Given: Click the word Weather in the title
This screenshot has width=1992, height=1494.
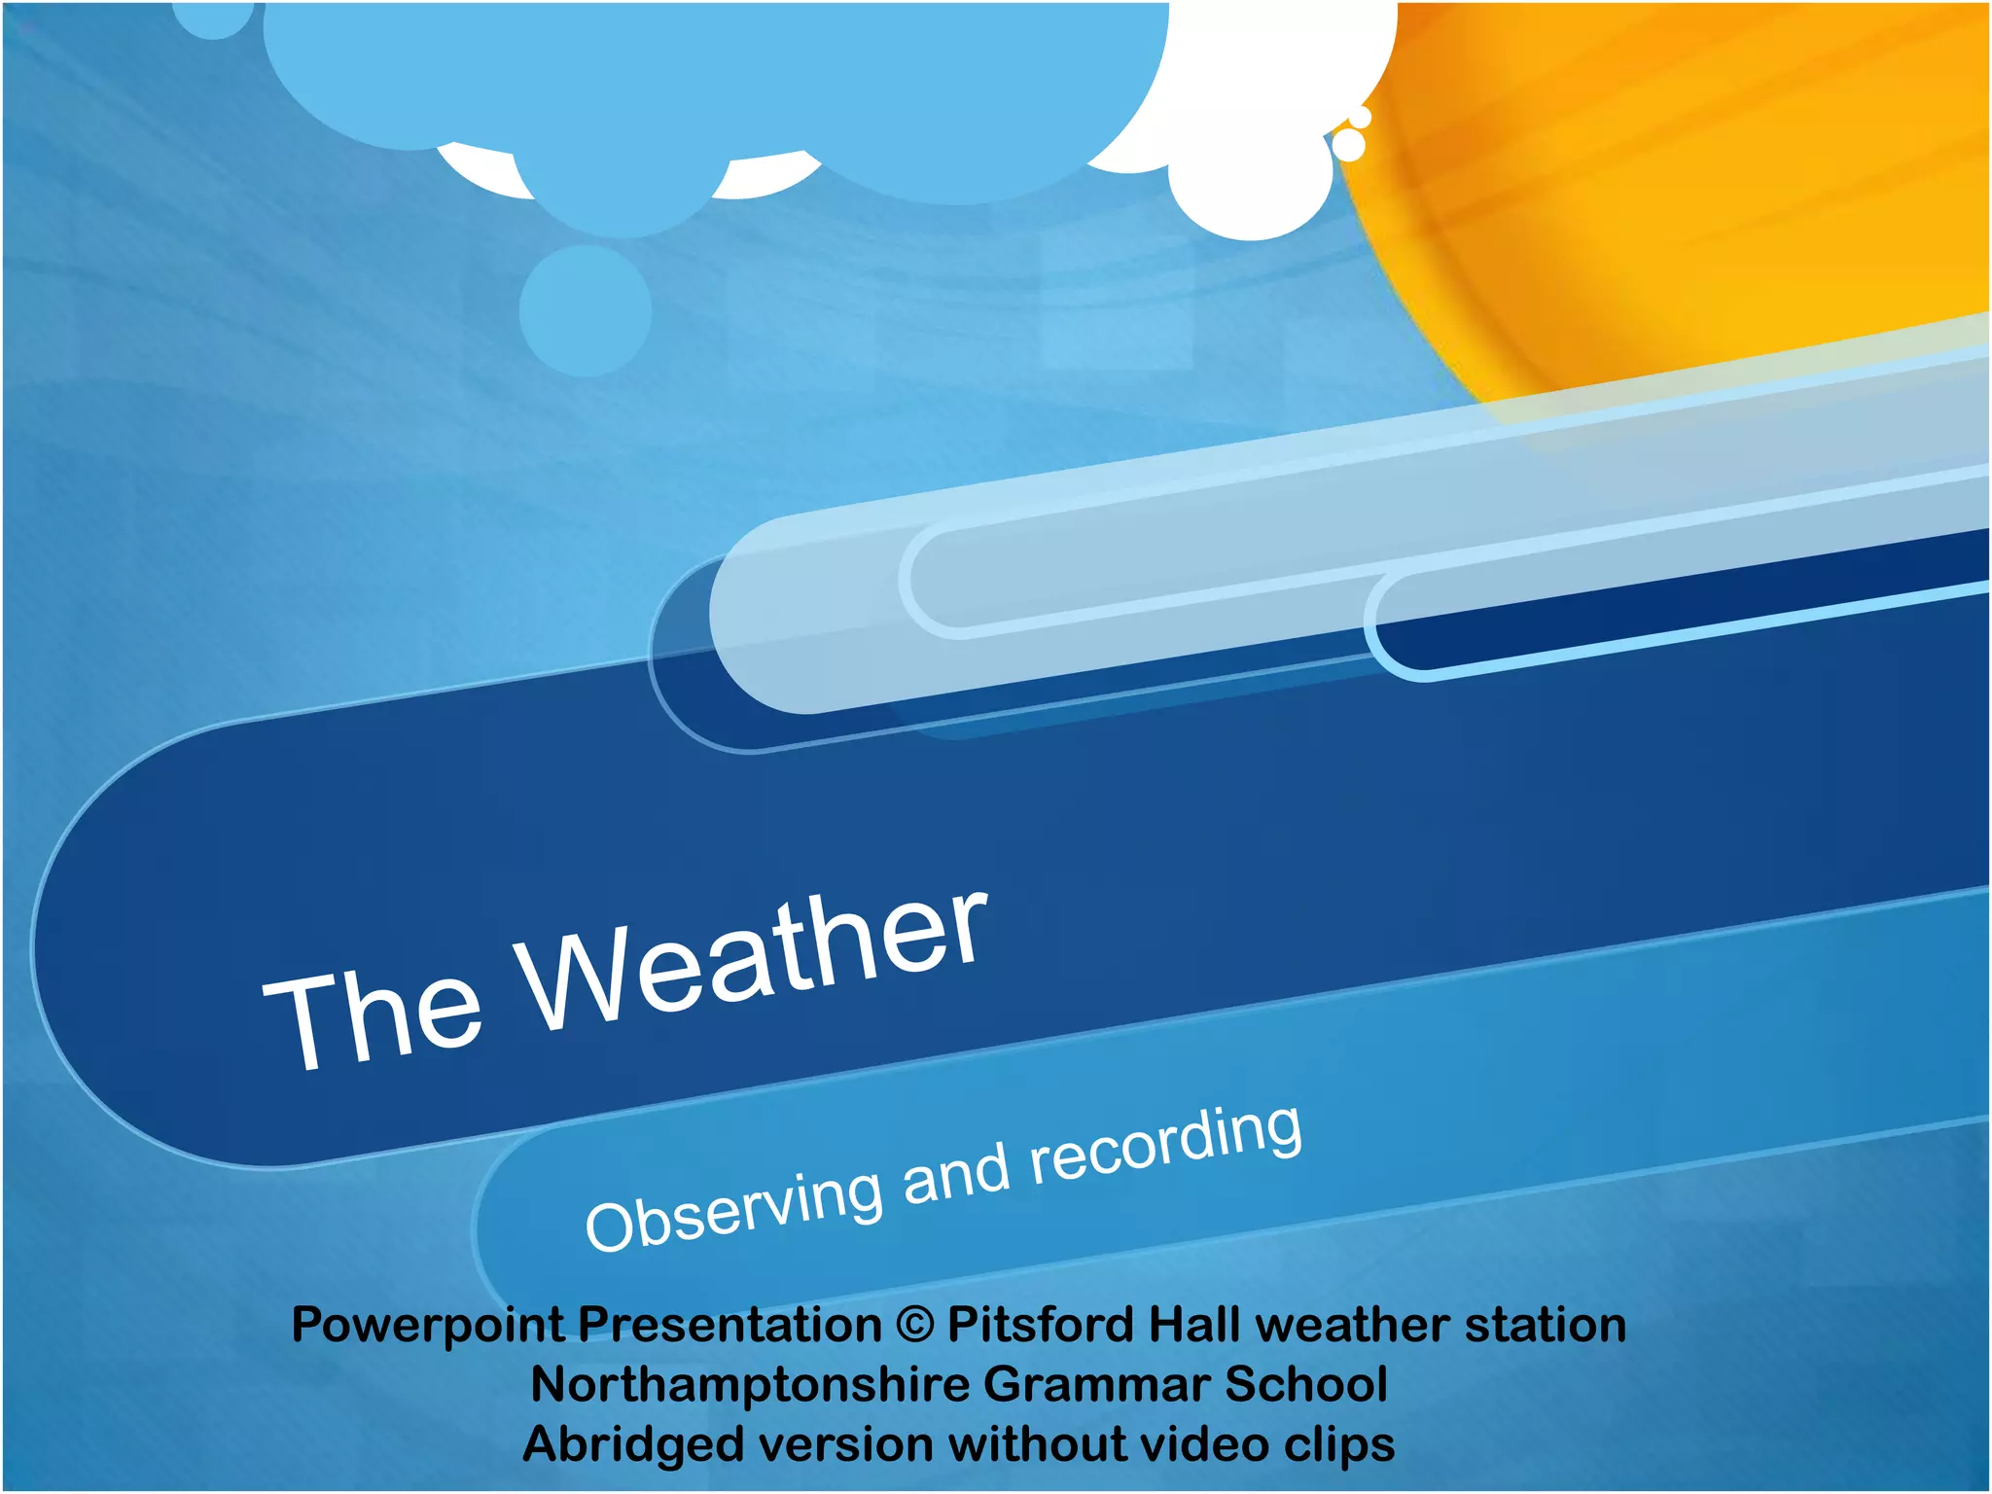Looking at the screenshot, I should pos(754,963).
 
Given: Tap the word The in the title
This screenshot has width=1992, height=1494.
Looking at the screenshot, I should pos(374,1016).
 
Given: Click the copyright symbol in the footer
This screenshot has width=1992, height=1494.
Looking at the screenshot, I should pos(914,1325).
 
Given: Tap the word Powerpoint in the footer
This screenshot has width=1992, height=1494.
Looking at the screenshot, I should pos(428,1325).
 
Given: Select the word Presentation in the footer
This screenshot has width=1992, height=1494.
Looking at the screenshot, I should pos(729,1325).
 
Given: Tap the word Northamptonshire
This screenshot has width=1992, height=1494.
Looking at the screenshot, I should pos(749,1384).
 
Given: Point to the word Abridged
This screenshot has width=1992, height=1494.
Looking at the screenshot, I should pos(632,1444).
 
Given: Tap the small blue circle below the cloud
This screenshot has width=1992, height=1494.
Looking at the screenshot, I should pos(586,310).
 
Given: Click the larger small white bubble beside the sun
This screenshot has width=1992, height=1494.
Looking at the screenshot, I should pos(1348,145).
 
